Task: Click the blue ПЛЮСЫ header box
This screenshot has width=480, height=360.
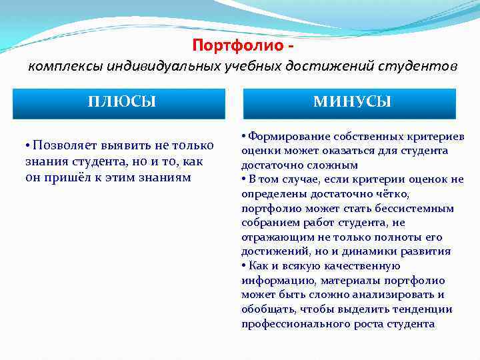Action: [x=122, y=102]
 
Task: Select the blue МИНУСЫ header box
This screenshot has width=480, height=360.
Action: [x=352, y=102]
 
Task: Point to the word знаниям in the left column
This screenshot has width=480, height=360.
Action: [x=163, y=177]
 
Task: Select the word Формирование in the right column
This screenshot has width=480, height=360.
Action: [x=288, y=136]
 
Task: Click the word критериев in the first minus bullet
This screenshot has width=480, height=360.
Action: [x=437, y=136]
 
